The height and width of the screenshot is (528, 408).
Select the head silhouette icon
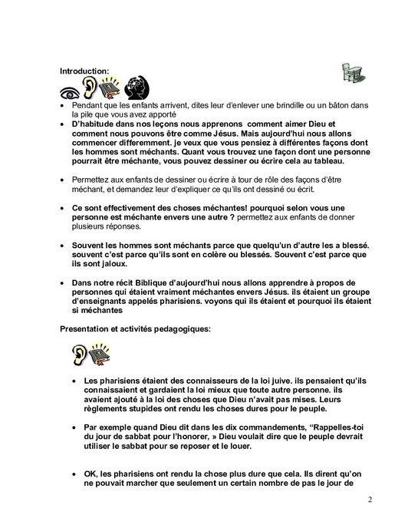pos(137,87)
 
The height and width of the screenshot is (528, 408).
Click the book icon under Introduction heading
pos(115,88)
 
